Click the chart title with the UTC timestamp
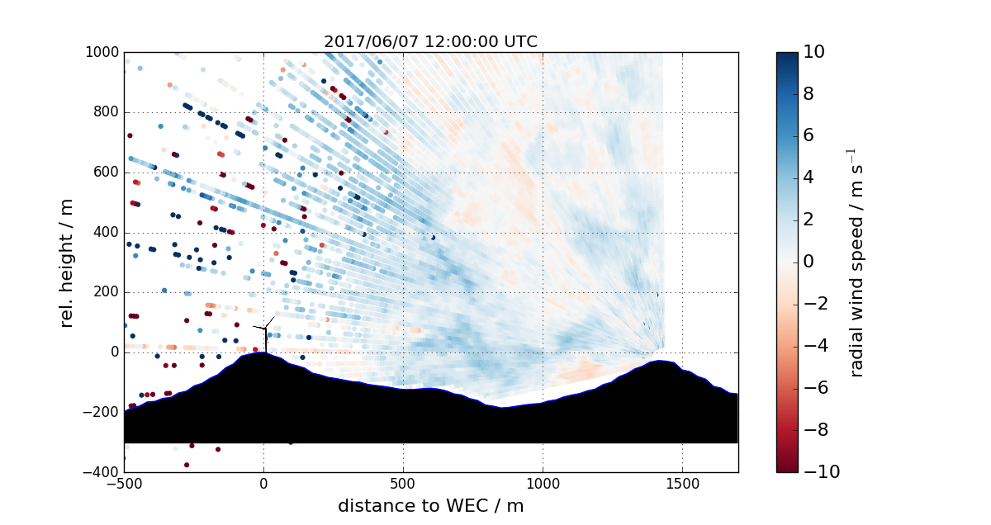[430, 42]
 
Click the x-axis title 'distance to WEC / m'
[430, 506]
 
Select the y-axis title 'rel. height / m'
[68, 262]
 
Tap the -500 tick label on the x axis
[124, 484]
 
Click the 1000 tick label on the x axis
[543, 484]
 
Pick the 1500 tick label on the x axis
[682, 484]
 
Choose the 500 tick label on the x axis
[403, 484]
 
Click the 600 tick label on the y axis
[105, 172]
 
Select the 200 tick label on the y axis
[105, 292]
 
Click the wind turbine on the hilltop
[266, 333]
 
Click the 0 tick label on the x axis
[263, 484]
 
